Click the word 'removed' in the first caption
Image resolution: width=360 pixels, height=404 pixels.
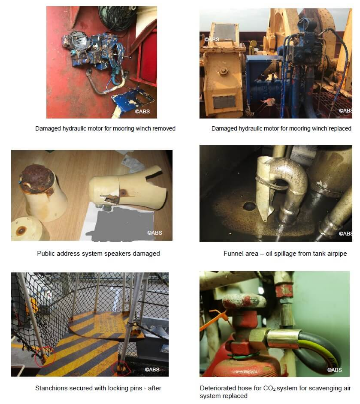[164, 128]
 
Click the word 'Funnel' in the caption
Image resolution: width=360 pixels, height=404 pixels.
[232, 253]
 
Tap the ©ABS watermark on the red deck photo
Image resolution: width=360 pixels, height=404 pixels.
[142, 112]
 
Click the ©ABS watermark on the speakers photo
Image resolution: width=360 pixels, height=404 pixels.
[155, 233]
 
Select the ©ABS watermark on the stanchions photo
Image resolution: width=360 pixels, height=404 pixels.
[152, 369]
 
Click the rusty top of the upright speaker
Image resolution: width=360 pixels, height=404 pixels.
[37, 178]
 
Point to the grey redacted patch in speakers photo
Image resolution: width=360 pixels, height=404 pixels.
[121, 224]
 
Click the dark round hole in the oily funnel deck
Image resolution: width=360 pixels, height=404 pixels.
[249, 206]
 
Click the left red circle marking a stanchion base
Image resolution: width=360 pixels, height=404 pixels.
[44, 356]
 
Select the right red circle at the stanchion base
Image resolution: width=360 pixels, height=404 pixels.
[121, 368]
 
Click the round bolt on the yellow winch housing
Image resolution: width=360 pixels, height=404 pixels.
[223, 71]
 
